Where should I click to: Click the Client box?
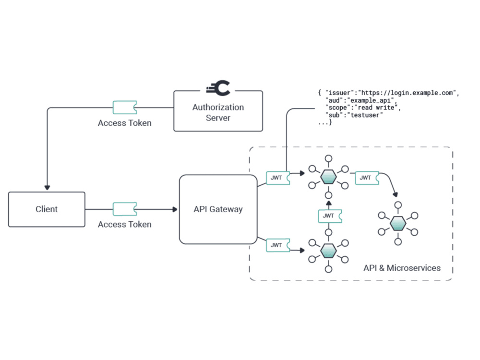(x=47, y=209)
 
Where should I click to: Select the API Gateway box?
(x=218, y=209)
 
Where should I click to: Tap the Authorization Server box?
(x=218, y=111)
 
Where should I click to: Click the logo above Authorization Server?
(x=218, y=88)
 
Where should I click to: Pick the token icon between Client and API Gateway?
(x=125, y=209)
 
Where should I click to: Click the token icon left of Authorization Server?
(x=125, y=108)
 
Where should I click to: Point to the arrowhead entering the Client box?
(x=47, y=187)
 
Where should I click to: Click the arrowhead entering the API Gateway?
(x=175, y=209)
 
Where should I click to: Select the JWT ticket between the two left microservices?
(x=330, y=216)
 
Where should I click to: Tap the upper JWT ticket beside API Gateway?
(x=278, y=178)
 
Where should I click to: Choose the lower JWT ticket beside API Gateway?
(x=278, y=245)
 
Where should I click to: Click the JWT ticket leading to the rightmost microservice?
(x=367, y=178)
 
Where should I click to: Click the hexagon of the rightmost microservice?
(x=398, y=224)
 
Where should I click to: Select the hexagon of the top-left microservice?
(x=328, y=177)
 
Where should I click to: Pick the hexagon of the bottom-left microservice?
(x=328, y=251)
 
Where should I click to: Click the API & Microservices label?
(x=402, y=268)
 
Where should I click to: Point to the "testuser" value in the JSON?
(x=365, y=115)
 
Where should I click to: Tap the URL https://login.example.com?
(x=407, y=93)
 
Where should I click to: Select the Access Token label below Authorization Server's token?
(x=125, y=123)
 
